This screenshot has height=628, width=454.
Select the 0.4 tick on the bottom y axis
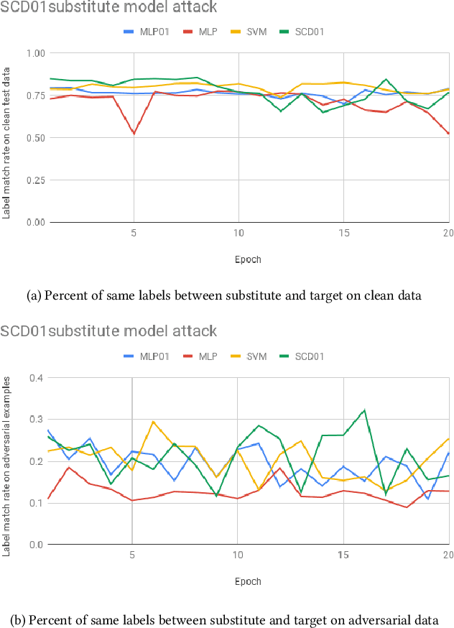[x=36, y=377]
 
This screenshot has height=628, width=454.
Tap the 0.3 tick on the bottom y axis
[x=36, y=419]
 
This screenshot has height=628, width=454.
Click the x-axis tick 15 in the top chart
[x=344, y=234]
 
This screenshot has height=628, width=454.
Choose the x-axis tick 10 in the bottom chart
[x=238, y=555]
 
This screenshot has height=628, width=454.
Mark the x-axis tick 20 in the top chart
[x=448, y=234]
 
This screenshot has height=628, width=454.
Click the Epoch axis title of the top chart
[x=247, y=259]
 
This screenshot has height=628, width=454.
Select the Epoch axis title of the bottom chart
[x=247, y=581]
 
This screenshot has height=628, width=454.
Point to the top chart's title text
[x=108, y=8]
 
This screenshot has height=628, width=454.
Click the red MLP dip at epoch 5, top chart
[x=134, y=134]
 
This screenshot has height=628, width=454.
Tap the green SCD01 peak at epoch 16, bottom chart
[x=365, y=410]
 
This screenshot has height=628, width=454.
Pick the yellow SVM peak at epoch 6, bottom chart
[x=153, y=422]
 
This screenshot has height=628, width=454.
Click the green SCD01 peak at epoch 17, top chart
[x=386, y=79]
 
